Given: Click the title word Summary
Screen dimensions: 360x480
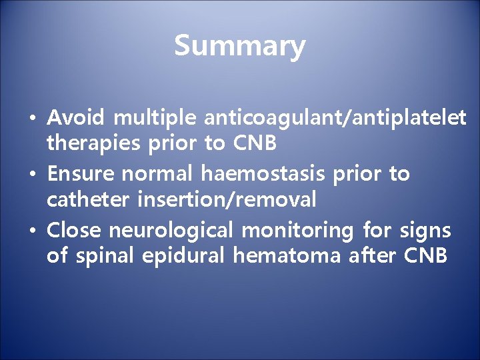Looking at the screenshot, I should pos(239,46).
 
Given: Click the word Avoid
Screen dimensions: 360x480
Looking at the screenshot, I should pos(76,118).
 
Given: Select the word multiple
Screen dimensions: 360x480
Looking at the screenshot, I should pos(155,119).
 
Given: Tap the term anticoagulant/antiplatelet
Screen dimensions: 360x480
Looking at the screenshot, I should pos(336,119).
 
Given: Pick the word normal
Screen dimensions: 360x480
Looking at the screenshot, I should pos(157,175).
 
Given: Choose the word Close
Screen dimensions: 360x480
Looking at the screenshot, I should pos(74,231).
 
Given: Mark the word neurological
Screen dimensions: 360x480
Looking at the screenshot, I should pos(171,231).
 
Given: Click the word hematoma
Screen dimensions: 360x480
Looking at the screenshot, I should pos(287,255).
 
